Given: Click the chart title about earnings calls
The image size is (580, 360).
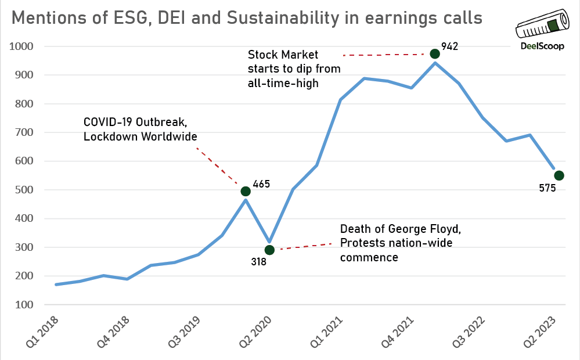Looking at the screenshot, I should tap(247, 18).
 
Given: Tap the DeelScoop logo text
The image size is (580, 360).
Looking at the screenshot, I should tap(540, 48).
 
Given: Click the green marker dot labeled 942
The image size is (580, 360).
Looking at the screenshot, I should tap(435, 54).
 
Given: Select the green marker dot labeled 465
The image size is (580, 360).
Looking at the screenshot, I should tap(246, 191).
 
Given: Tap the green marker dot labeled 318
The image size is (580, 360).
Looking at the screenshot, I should tap(269, 250).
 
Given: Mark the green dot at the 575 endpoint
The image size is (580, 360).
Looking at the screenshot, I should tap(559, 175).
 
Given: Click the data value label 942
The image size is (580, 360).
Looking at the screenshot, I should tap(449, 46).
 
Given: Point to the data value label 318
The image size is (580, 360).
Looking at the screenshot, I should tap(258, 262).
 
